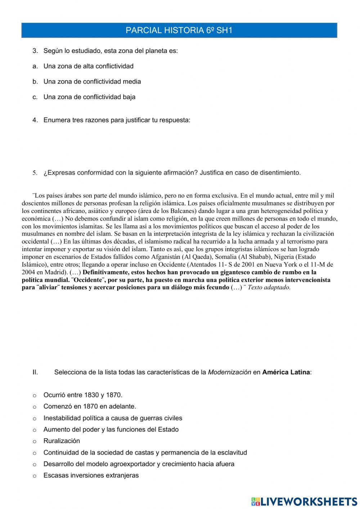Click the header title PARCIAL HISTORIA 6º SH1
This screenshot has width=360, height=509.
click(179, 31)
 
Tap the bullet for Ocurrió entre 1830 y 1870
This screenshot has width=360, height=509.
click(35, 396)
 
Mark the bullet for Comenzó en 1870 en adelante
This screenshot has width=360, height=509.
click(35, 407)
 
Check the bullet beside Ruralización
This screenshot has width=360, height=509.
click(35, 441)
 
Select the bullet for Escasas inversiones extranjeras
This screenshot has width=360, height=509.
click(35, 476)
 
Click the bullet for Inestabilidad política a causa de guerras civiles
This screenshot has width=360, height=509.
click(35, 419)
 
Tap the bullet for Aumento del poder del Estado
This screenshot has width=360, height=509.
click(35, 430)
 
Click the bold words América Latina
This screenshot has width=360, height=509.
click(286, 372)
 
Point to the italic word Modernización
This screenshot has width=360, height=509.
click(229, 372)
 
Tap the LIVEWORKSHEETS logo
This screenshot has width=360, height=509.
click(304, 501)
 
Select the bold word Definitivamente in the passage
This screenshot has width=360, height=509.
click(105, 272)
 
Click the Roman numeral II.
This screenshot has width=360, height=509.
click(35, 372)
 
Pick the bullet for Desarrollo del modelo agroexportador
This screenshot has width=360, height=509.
click(35, 464)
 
